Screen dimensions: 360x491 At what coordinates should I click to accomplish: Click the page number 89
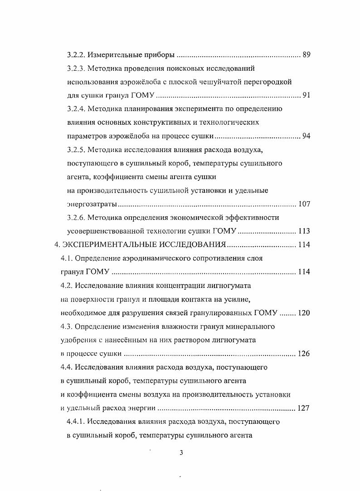[x=306, y=55]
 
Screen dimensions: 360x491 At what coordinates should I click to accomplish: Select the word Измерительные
[x=110, y=55]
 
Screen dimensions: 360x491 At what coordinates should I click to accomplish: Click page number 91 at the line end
[x=306, y=96]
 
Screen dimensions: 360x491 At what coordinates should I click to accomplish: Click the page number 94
[x=306, y=136]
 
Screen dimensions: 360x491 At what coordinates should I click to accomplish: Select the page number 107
[x=304, y=204]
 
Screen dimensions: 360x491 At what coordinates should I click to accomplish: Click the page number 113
[x=304, y=231]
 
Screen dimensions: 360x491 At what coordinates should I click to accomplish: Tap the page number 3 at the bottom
[x=181, y=452]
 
